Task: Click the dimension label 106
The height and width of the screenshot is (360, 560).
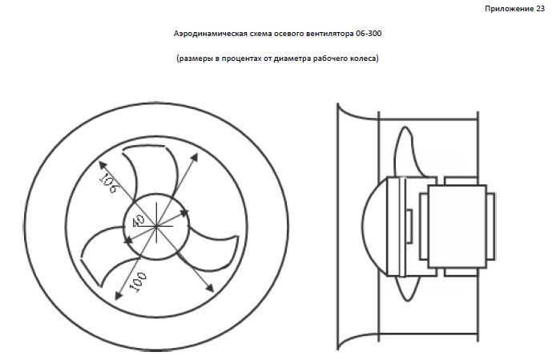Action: coord(107,183)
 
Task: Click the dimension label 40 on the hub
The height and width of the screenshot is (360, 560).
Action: coord(139,221)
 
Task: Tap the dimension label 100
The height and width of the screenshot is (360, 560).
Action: coord(139,282)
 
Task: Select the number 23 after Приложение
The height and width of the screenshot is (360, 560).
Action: coord(540,9)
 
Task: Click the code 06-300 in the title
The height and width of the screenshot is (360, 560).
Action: coord(369,34)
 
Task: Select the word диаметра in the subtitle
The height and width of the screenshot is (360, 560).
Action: coord(292,59)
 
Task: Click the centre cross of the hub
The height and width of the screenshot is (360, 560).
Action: coord(156,226)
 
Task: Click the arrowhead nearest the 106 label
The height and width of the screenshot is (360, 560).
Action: coord(103,165)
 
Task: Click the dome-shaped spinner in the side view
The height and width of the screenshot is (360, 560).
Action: coord(374,227)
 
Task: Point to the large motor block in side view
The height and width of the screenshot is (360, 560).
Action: coord(457,226)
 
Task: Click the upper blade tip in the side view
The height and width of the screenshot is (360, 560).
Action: coord(406,151)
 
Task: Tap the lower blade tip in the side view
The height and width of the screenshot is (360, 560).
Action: coord(407,288)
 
